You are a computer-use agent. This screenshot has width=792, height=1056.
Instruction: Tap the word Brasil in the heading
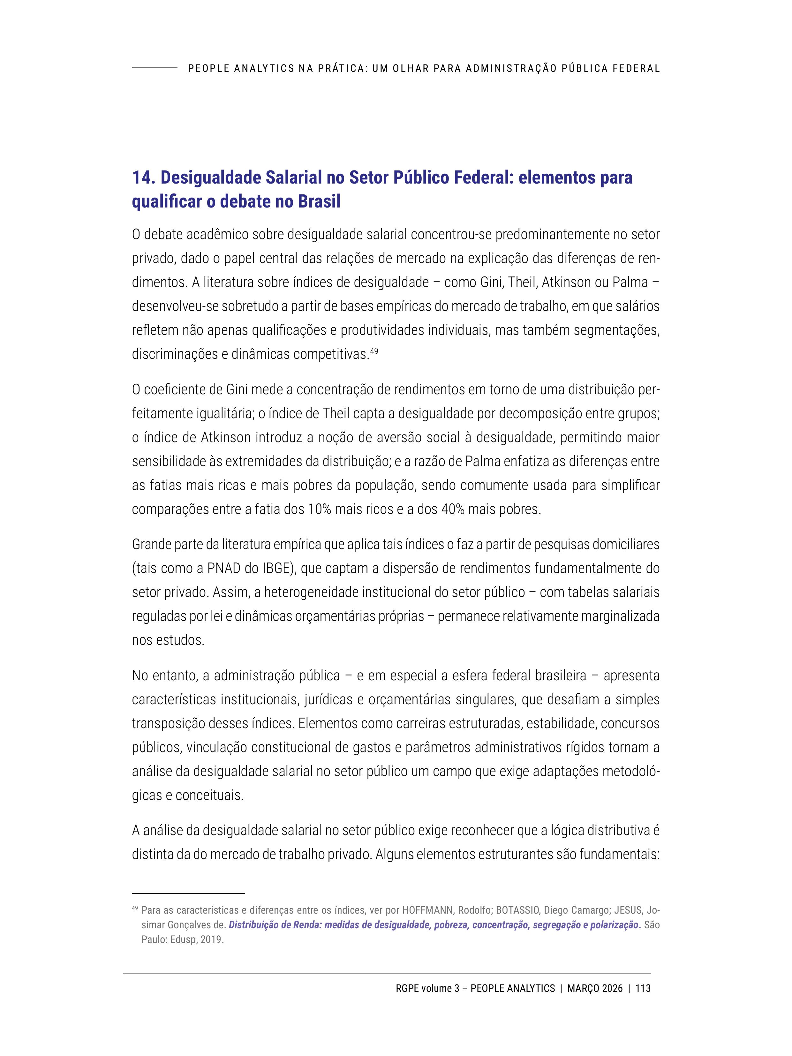point(319,201)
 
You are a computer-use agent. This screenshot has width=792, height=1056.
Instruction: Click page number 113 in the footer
point(643,988)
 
